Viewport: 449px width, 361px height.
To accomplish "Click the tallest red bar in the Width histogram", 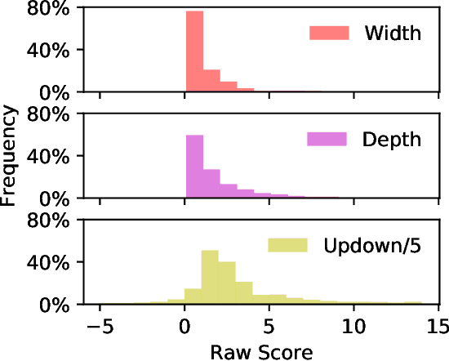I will point(194,52).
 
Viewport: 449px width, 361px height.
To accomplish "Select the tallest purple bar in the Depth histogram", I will point(194,167).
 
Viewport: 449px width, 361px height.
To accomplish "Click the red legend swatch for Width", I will point(329,33).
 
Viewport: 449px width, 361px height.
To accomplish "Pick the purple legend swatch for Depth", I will point(327,138).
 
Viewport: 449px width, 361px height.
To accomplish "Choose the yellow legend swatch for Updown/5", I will point(287,245).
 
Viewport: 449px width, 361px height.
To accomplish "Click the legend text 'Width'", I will point(393,33).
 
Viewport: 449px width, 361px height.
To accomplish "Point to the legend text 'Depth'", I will point(393,139).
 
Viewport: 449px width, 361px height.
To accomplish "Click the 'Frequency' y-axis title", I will point(11,154).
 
